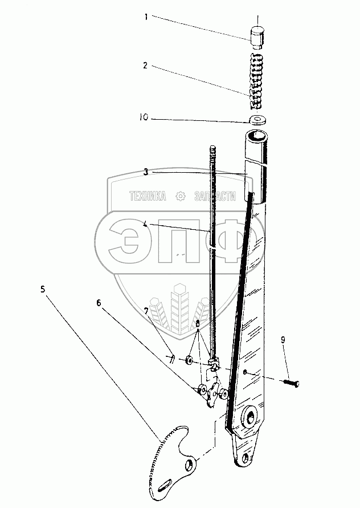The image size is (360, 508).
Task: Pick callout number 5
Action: [43, 288]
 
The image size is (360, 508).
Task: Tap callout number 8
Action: [197, 323]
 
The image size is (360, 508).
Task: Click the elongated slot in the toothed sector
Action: [162, 485]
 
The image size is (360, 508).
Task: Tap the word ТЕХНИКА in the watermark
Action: [148, 197]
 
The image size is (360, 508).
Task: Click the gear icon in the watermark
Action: [181, 197]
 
